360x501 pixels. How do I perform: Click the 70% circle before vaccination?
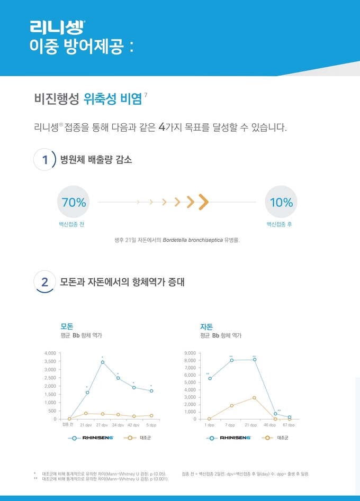click(74, 202)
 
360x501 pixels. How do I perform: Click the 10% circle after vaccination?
click(281, 202)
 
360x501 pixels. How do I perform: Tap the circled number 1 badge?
click(45, 159)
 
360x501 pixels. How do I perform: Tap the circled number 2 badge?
click(45, 282)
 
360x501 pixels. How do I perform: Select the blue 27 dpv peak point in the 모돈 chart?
click(103, 362)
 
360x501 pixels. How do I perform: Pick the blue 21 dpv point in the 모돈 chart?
click(87, 393)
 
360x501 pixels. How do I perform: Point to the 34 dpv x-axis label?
click(118, 425)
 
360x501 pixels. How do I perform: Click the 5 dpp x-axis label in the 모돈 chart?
click(151, 425)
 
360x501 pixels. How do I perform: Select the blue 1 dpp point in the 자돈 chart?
click(210, 378)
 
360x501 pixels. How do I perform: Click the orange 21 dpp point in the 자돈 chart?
click(254, 398)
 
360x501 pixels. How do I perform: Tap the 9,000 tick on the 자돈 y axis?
click(190, 353)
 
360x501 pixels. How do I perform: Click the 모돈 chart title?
click(67, 326)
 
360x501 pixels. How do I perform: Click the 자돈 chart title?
click(206, 326)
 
